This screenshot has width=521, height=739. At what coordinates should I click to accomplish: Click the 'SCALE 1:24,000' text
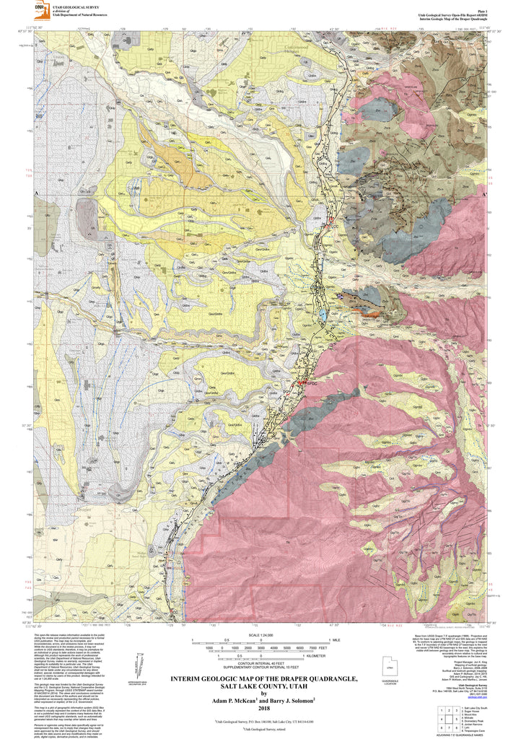(x=260, y=634)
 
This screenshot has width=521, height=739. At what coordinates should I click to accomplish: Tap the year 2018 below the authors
(x=260, y=706)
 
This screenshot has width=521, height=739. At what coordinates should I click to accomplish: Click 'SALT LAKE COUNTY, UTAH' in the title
(x=260, y=687)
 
